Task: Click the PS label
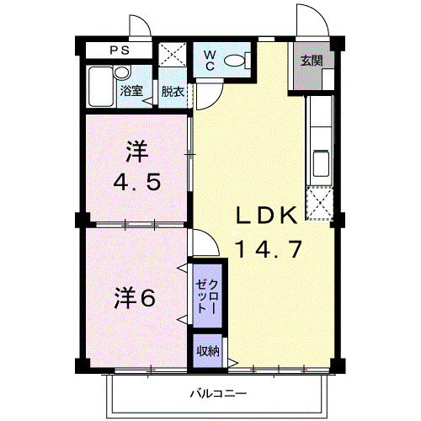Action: click(120, 51)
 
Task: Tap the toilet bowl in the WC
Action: click(236, 61)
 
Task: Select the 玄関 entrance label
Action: click(312, 61)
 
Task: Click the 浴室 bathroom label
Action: click(131, 91)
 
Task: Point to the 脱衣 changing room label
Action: click(173, 92)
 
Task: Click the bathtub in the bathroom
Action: click(101, 87)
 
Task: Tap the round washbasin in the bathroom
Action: click(122, 73)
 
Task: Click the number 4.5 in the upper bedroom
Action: click(137, 182)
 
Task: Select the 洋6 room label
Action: click(135, 298)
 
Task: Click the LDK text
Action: click(266, 216)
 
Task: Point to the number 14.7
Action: click(269, 249)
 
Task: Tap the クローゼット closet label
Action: click(207, 296)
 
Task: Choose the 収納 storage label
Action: click(207, 351)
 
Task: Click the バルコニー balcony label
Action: click(219, 393)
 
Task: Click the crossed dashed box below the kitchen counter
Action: click(320, 203)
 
